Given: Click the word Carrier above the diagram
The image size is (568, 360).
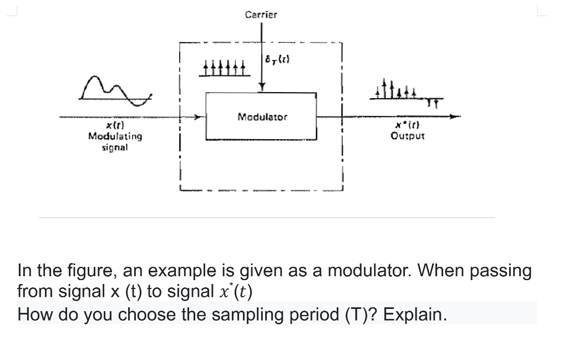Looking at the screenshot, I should [x=261, y=14].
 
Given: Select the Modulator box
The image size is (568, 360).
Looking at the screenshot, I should [x=261, y=116].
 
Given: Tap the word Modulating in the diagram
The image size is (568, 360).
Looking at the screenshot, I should [x=115, y=136].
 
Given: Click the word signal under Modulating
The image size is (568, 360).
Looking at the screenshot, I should [x=115, y=147].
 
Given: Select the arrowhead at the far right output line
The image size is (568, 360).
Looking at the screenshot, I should [x=455, y=116].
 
